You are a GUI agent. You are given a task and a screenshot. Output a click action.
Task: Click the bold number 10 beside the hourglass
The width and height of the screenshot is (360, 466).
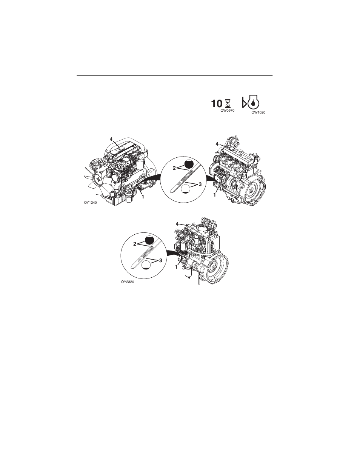click(x=216, y=104)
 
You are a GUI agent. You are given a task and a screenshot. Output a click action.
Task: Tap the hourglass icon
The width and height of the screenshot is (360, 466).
click(x=228, y=104)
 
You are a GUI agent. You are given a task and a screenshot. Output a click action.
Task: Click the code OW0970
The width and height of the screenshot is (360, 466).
click(x=228, y=111)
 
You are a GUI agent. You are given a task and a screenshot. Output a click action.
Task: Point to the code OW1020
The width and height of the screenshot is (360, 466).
click(x=258, y=112)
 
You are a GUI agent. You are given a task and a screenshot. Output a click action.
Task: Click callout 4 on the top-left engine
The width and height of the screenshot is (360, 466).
click(x=111, y=139)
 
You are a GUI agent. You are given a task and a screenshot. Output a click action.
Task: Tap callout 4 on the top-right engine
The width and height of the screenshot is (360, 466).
click(x=217, y=144)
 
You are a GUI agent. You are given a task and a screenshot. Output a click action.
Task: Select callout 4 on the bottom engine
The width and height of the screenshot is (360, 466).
click(x=177, y=224)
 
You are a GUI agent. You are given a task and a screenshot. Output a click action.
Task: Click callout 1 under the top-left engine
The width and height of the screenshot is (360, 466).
click(x=143, y=196)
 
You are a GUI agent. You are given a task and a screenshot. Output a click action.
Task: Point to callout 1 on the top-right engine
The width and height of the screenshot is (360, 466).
click(x=215, y=195)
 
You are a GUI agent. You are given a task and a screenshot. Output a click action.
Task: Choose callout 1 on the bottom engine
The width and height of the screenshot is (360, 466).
click(x=176, y=266)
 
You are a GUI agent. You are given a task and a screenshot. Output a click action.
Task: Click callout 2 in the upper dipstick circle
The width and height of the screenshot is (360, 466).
click(x=174, y=168)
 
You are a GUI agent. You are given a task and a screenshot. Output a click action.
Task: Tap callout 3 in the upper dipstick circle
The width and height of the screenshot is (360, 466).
click(x=200, y=184)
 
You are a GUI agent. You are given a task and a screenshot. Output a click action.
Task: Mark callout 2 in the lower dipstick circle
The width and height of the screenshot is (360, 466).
click(x=135, y=244)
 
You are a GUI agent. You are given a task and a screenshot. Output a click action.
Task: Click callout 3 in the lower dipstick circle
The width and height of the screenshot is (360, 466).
click(x=160, y=260)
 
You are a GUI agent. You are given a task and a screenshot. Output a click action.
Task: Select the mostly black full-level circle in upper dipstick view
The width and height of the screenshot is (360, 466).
click(x=189, y=164)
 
